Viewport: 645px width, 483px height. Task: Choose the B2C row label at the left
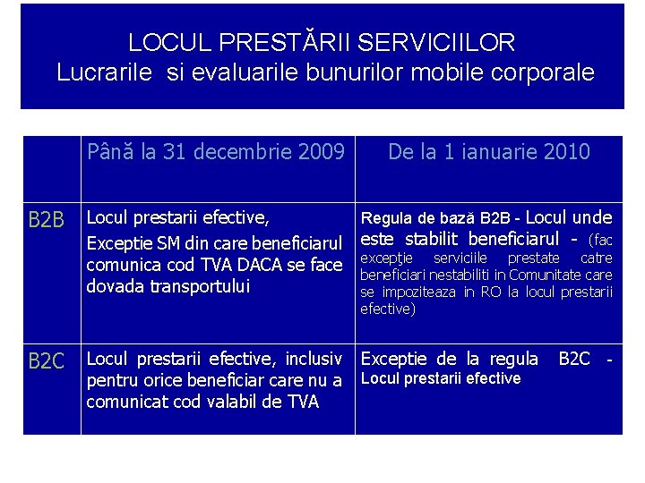tap(47, 361)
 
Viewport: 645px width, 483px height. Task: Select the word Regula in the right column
tap(385, 218)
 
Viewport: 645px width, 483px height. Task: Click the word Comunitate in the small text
tap(565, 275)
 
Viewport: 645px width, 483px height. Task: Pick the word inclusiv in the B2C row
tap(312, 360)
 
